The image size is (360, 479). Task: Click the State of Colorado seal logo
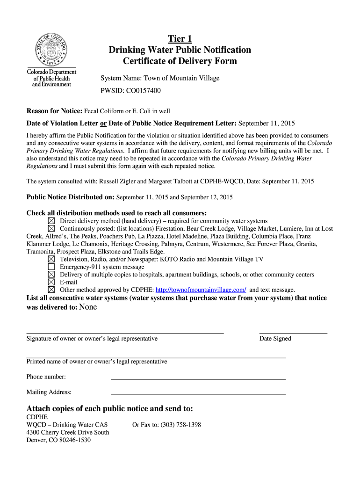(x=51, y=50)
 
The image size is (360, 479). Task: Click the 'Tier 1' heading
(x=180, y=38)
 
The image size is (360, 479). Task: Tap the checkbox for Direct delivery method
(x=51, y=221)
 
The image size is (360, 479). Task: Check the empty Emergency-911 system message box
(x=51, y=267)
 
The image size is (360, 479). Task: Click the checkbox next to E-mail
(x=51, y=282)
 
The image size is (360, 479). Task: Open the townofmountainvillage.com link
(x=201, y=290)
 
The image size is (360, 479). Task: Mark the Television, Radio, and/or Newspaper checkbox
(x=51, y=259)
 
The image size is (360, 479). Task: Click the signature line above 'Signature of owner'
(x=125, y=332)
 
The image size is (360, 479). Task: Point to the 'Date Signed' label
(x=275, y=338)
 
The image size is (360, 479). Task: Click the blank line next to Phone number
(x=198, y=378)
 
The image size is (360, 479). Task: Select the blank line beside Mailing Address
(x=198, y=394)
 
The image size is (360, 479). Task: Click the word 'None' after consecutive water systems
(x=88, y=307)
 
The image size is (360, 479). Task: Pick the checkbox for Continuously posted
(x=51, y=228)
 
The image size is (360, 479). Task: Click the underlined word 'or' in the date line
(x=103, y=123)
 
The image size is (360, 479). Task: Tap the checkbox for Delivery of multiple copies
(x=51, y=275)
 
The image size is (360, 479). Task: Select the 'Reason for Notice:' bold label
(x=54, y=111)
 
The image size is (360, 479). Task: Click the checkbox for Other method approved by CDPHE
(x=51, y=290)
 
